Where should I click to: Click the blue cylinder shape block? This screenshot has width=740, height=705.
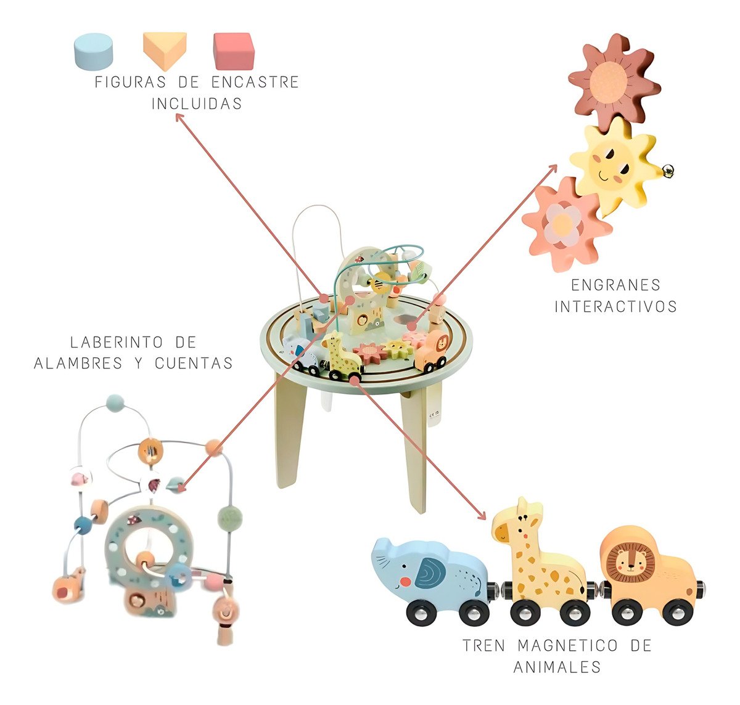tap(93, 51)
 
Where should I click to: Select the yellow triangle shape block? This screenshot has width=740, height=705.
tap(164, 51)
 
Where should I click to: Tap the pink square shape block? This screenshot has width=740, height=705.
tap(234, 51)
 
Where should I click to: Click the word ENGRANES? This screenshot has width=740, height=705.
tap(615, 285)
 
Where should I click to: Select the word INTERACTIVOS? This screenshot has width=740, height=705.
tap(615, 306)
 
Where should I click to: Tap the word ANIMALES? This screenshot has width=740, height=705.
tap(557, 667)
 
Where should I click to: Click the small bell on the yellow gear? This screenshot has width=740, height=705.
tap(668, 168)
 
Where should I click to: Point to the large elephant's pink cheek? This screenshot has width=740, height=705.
tap(405, 581)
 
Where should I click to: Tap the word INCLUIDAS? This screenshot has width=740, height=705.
tap(197, 104)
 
